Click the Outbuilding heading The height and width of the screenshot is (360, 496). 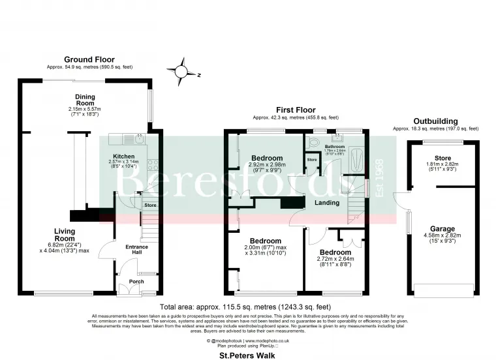tap(436, 121)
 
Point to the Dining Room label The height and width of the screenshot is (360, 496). tap(85, 100)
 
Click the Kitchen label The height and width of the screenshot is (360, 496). tap(124, 157)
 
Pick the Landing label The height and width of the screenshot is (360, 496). tap(327, 203)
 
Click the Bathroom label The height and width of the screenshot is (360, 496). tap(335, 147)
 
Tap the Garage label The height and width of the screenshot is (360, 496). tap(442, 229)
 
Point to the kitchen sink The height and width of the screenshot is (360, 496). tap(139, 138)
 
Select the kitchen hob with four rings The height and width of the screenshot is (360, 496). tap(152, 165)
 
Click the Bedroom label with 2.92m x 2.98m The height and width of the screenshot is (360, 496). tap(268, 158)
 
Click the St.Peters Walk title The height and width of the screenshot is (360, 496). tap(247, 355)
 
